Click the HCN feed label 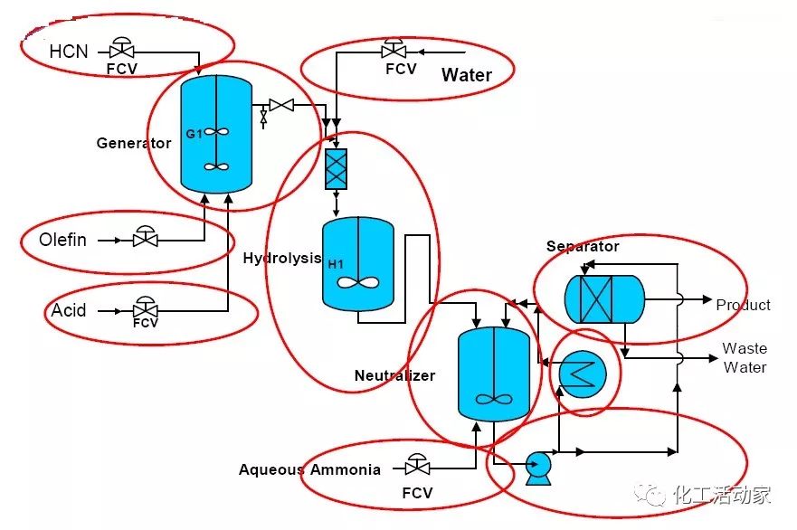(x=69, y=52)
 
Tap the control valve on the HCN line (x=122, y=48)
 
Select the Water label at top (x=467, y=75)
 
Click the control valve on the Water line (x=394, y=48)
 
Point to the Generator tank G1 (x=216, y=134)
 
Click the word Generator (x=134, y=143)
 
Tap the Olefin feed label (x=62, y=240)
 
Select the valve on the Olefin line (x=146, y=237)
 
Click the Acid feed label (x=69, y=310)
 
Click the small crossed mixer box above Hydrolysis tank (x=336, y=169)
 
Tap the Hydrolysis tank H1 (x=358, y=264)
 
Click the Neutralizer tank (x=494, y=374)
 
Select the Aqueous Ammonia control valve (x=417, y=465)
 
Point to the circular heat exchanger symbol (x=583, y=374)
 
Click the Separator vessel (x=604, y=299)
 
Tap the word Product (x=743, y=305)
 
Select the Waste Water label (x=745, y=358)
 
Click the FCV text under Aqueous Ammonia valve (x=417, y=493)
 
